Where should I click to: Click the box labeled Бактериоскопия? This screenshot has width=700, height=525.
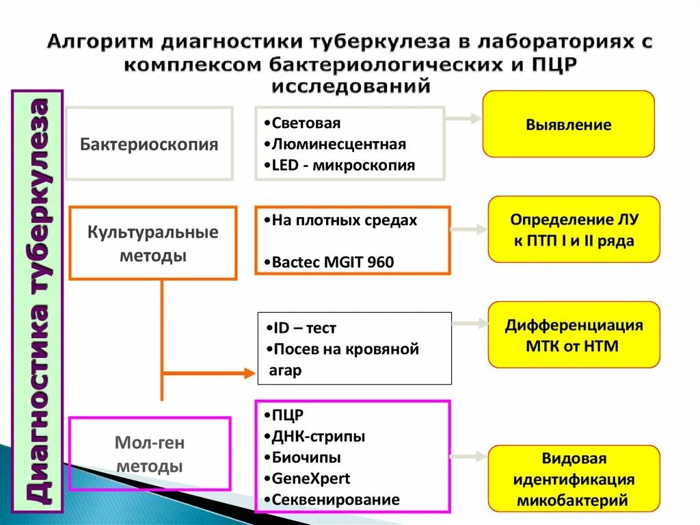(149, 144)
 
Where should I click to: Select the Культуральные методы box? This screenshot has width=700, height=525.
(153, 243)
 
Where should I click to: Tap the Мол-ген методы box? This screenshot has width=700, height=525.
(150, 454)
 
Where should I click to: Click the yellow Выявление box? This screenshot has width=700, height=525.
(568, 125)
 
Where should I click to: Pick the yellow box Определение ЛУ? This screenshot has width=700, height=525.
(574, 230)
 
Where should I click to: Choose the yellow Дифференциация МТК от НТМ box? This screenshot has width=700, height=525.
(574, 335)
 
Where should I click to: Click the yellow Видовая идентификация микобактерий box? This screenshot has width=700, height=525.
(574, 479)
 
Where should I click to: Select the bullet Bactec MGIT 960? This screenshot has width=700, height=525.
(333, 262)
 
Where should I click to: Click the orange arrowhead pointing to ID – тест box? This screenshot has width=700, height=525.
(249, 373)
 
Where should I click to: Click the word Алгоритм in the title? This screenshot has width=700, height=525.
(100, 42)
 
